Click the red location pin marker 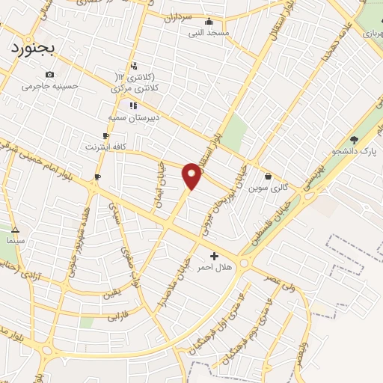pos(192,175)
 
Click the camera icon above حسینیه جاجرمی pos(49,74)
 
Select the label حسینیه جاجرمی pos(49,86)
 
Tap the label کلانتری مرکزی pos(137,88)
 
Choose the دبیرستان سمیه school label pos(132,117)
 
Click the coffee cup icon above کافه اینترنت pos(105,135)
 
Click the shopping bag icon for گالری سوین pos(268,177)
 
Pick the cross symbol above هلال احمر pos(215,256)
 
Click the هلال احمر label pos(215,267)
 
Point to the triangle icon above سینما pos(15,230)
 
